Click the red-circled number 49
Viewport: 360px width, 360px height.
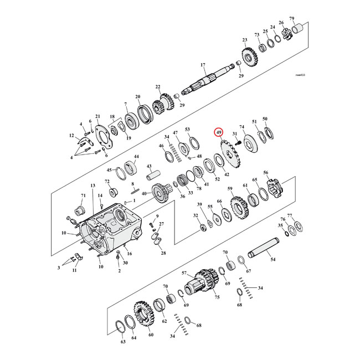[219, 133]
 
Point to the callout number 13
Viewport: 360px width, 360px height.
[92, 186]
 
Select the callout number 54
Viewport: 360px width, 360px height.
[272, 259]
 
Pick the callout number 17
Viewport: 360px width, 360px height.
[203, 65]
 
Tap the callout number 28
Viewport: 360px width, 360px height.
[163, 253]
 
